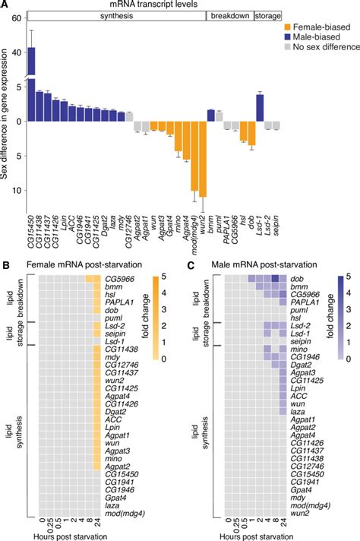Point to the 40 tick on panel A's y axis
click(18, 53)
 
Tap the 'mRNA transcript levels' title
click(154, 5)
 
